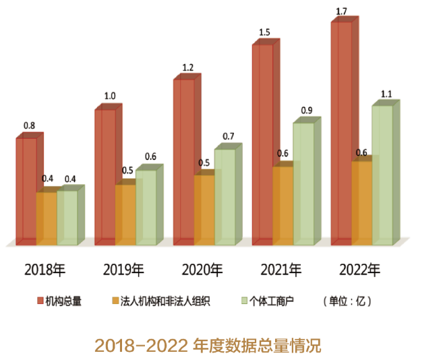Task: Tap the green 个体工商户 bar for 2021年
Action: [x=303, y=182]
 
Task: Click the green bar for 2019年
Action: [x=145, y=206]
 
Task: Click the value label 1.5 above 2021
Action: [x=264, y=32]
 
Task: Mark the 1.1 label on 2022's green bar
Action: [x=387, y=94]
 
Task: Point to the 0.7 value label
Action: [x=229, y=136]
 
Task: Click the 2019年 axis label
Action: [x=123, y=270]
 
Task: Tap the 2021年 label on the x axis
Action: [x=281, y=270]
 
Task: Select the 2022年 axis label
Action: [x=360, y=270]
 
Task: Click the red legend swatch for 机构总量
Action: [x=40, y=301]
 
